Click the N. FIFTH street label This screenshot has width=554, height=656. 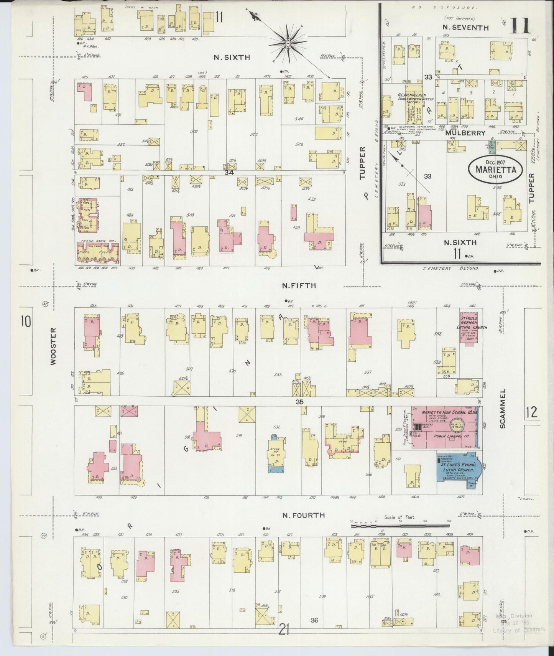[x=299, y=285]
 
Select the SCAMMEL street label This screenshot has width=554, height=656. [x=503, y=408]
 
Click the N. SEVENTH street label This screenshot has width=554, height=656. [x=465, y=28]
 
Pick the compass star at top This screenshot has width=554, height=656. [x=288, y=43]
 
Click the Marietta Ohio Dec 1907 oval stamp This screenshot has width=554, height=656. [x=495, y=168]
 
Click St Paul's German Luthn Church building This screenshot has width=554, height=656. [x=469, y=328]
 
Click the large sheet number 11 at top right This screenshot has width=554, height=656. [x=520, y=26]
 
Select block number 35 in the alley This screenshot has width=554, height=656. [x=300, y=402]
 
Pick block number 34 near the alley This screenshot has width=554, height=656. [x=229, y=173]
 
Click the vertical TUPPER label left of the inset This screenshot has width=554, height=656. [x=363, y=158]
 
